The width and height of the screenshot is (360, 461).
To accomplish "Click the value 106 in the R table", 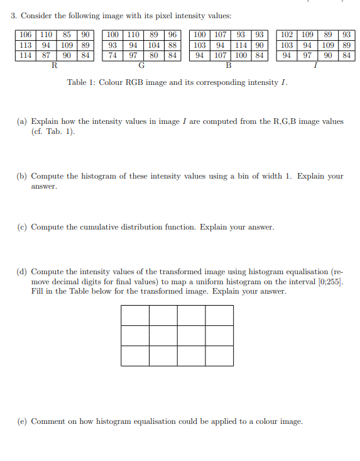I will tap(26, 35).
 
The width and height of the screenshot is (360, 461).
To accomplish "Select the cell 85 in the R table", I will tap(67, 35).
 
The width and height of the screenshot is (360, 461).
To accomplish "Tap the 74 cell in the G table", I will tap(112, 55).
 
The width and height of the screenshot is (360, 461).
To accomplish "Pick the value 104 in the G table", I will tap(154, 45).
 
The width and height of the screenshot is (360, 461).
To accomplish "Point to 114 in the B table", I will tap(241, 45).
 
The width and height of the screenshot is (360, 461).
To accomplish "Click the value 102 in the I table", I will tap(286, 35).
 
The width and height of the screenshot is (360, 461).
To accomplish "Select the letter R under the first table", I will tap(54, 65).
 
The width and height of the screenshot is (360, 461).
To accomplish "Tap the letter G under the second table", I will tap(141, 65).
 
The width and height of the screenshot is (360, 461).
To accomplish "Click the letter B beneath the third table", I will tap(228, 65).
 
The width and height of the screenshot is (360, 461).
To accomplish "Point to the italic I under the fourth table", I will tap(315, 65).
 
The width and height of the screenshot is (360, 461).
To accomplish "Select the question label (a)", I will tap(21, 121).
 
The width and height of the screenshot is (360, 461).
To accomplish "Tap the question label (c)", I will tap(21, 227).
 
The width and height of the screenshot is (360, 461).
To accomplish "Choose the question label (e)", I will tap(21, 421).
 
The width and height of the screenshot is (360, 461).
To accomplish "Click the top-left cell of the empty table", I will tap(135, 315).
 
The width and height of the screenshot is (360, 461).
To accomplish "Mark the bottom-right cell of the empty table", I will tap(219, 355).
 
